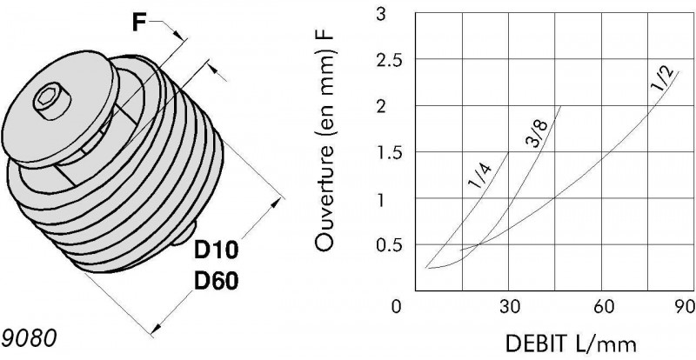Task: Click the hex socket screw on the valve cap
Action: (52, 101)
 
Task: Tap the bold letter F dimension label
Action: (139, 23)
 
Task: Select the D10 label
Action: (216, 250)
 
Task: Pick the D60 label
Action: (216, 281)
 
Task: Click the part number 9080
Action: (29, 338)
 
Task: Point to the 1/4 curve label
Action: (480, 177)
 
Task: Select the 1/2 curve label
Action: (662, 80)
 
